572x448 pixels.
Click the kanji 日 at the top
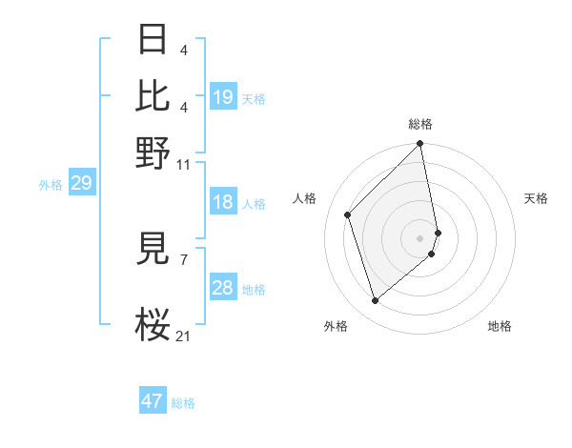(153, 40)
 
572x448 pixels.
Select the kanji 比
(153, 96)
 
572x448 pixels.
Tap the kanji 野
(153, 153)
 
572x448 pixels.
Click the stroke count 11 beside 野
(183, 165)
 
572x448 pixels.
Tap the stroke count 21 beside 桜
(184, 336)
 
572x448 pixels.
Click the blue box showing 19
(223, 97)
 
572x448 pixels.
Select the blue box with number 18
(223, 202)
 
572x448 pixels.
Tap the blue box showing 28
(223, 288)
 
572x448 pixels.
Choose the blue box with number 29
(81, 183)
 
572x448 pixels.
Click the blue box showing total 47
(153, 401)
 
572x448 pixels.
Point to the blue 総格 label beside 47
(183, 403)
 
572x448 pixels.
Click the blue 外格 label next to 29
(50, 185)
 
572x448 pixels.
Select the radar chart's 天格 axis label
(537, 198)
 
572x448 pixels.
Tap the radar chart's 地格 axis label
(500, 326)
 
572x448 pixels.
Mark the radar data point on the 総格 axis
(420, 144)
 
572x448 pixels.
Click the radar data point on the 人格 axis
(348, 214)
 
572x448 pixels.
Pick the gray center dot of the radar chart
(420, 237)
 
